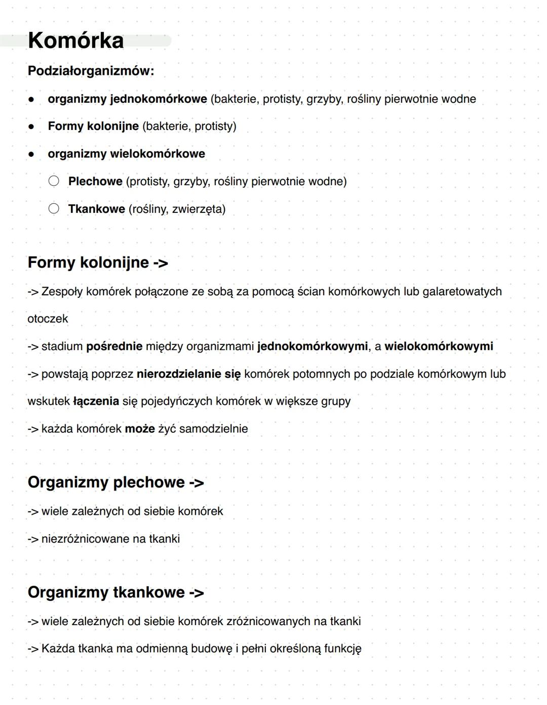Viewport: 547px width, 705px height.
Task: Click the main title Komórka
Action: pyautogui.click(x=75, y=40)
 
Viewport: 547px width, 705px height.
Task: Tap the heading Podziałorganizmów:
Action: pyautogui.click(x=91, y=71)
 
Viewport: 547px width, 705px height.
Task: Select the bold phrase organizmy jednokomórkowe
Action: pyautogui.click(x=127, y=99)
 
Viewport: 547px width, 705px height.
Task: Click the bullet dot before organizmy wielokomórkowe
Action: pyautogui.click(x=31, y=154)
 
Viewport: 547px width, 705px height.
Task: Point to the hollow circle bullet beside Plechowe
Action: pyautogui.click(x=54, y=181)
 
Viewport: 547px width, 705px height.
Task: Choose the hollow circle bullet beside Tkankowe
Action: pyautogui.click(x=54, y=208)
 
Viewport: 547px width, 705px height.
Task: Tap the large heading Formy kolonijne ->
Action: pyautogui.click(x=98, y=262)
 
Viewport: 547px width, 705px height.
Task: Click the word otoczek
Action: pyautogui.click(x=48, y=319)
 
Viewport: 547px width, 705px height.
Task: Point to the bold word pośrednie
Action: pyautogui.click(x=114, y=346)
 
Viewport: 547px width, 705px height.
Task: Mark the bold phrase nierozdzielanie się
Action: pyautogui.click(x=188, y=374)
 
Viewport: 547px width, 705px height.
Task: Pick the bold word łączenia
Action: pyautogui.click(x=96, y=402)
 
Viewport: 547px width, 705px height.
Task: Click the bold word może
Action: pyautogui.click(x=140, y=429)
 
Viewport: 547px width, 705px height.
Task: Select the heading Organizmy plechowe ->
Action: pyautogui.click(x=115, y=482)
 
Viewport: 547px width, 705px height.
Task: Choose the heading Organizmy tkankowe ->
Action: pyautogui.click(x=115, y=592)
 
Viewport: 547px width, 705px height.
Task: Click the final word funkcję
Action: pyautogui.click(x=342, y=649)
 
